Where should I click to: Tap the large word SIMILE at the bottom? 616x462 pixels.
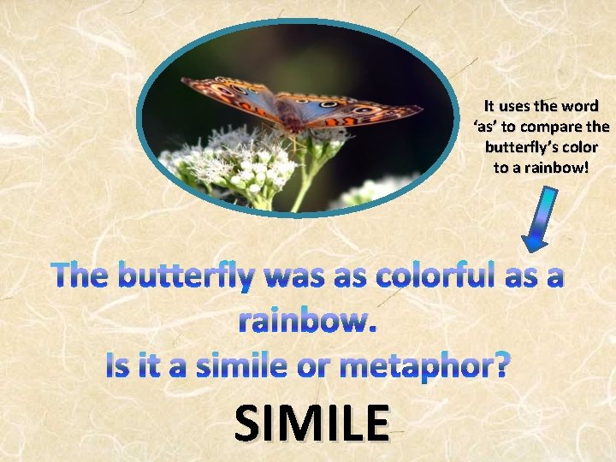[x=311, y=423]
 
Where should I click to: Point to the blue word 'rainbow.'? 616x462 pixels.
[x=307, y=321]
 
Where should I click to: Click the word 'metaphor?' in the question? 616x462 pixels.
[x=424, y=365]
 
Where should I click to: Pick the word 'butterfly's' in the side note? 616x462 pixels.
[x=518, y=146]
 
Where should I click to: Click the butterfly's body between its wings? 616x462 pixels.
[x=293, y=121]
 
